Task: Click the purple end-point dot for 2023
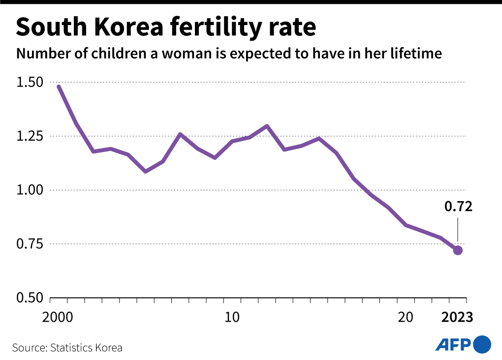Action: [x=458, y=250]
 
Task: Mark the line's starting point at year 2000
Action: [x=59, y=87]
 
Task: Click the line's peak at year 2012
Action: [x=267, y=126]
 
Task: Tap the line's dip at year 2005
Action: [x=145, y=171]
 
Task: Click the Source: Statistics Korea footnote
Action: [x=67, y=348]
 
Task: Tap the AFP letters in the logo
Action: [x=453, y=344]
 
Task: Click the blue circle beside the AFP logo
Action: [x=482, y=344]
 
